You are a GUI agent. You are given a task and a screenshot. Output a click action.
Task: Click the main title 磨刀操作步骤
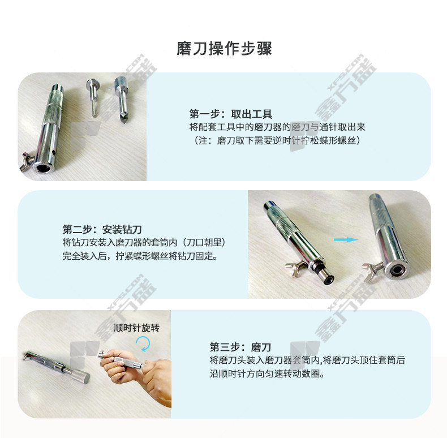tap(225, 49)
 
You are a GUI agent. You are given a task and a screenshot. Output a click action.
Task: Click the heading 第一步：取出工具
tap(231, 114)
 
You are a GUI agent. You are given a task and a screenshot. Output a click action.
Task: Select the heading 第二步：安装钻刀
tap(102, 229)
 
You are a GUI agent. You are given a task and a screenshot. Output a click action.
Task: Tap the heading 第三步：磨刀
tap(240, 347)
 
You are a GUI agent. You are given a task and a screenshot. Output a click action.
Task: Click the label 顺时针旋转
tap(136, 328)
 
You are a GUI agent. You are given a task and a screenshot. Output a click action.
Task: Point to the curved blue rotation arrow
tap(143, 343)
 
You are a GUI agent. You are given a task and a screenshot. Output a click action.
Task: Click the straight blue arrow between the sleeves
tap(346, 239)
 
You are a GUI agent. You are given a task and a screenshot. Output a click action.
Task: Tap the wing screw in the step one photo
tap(27, 161)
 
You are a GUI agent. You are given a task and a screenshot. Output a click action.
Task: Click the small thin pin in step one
tap(92, 97)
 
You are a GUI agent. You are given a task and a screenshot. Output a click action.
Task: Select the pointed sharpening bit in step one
tap(122, 99)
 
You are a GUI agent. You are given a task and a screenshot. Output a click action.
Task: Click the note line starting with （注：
tap(277, 140)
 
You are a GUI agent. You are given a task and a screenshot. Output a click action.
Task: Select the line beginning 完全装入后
tap(140, 256)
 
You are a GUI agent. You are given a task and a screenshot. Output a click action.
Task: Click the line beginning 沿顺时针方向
tap(267, 373)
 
